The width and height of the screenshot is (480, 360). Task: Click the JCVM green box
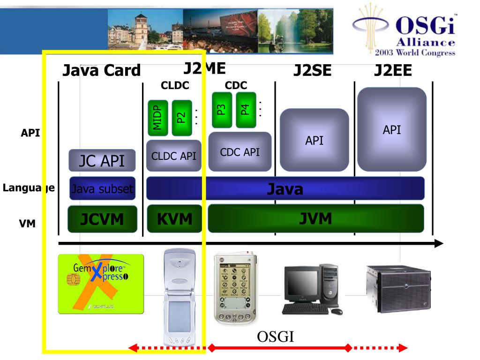coord(103,219)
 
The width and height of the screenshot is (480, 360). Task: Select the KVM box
coord(175,219)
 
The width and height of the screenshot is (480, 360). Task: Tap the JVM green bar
coord(315,218)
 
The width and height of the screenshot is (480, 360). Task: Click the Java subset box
coord(102,189)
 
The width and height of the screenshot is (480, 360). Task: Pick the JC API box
coord(102,161)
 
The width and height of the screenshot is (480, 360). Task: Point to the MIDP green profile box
coord(157,118)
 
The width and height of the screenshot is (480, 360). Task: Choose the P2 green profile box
coord(181,118)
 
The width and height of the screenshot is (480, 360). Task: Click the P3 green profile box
coord(222,110)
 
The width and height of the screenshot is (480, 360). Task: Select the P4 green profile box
coord(245,110)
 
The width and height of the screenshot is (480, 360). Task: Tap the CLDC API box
coord(173,156)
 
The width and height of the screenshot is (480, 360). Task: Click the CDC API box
coord(240,152)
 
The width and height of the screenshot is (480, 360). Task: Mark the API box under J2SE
coord(314,140)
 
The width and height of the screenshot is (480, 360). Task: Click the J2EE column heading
coord(393,70)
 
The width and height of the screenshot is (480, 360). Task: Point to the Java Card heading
coord(101,70)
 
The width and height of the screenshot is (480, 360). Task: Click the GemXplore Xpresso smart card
coord(101,284)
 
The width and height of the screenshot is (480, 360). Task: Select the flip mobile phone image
coord(180,297)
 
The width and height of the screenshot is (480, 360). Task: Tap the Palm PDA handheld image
coord(235,288)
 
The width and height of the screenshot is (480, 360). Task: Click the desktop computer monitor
coord(301,285)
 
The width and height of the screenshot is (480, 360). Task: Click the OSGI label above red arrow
coord(275,337)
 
